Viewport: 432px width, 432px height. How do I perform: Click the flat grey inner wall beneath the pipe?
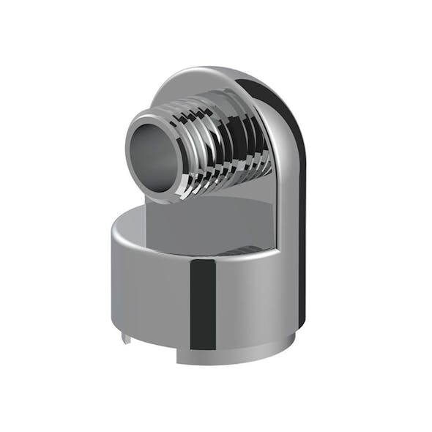[212, 220]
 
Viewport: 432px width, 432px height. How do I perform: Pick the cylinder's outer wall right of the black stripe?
[249, 300]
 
